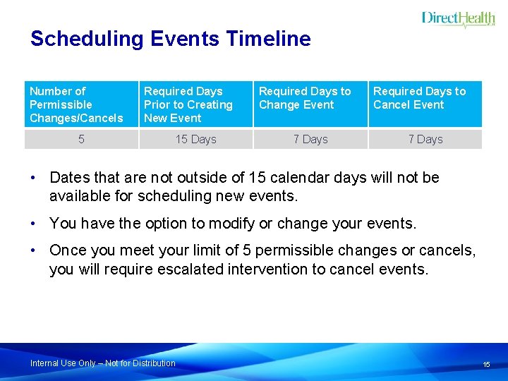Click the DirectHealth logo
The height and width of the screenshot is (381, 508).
458,19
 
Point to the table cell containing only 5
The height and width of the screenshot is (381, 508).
81,139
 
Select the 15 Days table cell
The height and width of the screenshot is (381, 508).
195,139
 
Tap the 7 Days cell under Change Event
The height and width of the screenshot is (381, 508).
310,139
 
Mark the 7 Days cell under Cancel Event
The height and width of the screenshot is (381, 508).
425,139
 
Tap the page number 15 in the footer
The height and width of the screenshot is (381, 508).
486,364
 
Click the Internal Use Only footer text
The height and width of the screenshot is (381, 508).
103,363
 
